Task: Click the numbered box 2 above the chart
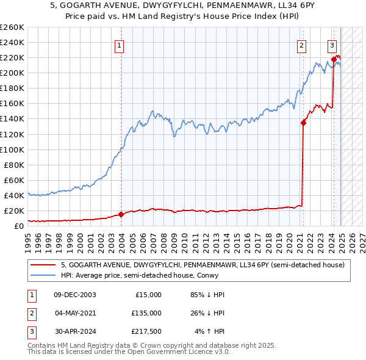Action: (x=301, y=45)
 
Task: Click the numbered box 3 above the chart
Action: (x=332, y=45)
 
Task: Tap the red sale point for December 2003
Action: (x=121, y=214)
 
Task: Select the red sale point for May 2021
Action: (x=303, y=123)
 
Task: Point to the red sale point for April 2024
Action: (x=334, y=59)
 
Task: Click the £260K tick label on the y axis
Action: (x=12, y=27)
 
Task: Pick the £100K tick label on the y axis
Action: (x=12, y=149)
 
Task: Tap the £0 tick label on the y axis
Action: (x=18, y=226)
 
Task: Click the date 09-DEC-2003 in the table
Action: (x=74, y=295)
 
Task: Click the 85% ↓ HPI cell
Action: (x=207, y=295)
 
